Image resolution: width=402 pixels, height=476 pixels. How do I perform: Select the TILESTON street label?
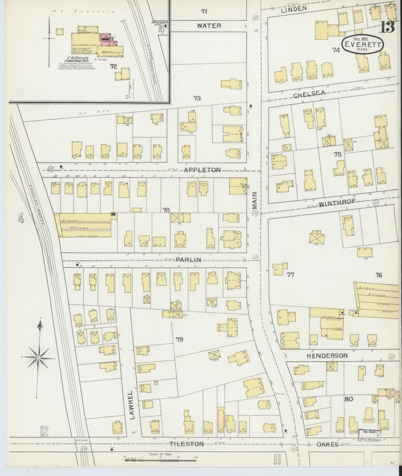pyautogui.click(x=186, y=444)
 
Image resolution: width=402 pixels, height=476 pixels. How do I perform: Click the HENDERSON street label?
pyautogui.click(x=327, y=356)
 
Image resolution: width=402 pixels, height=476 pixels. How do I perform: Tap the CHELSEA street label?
pyautogui.click(x=309, y=94)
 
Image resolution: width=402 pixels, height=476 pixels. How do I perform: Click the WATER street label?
pyautogui.click(x=209, y=26)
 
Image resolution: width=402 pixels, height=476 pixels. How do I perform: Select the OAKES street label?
pyautogui.click(x=327, y=444)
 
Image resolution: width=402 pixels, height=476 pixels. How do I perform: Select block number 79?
pyautogui.click(x=179, y=339)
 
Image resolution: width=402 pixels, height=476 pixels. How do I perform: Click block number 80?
pyautogui.click(x=349, y=399)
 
